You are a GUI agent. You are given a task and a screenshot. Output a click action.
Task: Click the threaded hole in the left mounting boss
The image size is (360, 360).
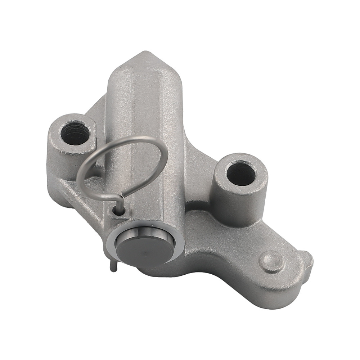click(x=75, y=133)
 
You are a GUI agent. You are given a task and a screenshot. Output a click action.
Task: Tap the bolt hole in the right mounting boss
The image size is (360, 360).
click(x=241, y=174)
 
